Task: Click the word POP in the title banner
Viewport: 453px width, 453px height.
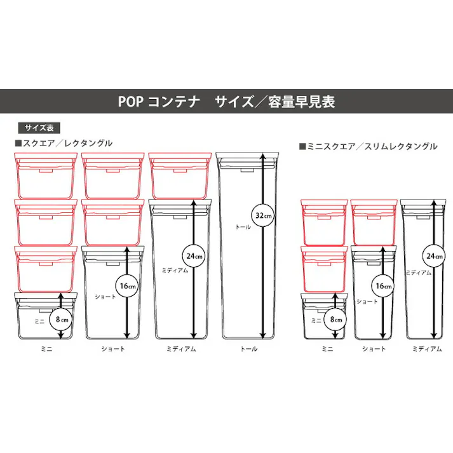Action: click(x=131, y=102)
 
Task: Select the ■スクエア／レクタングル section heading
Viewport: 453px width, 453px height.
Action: click(x=63, y=143)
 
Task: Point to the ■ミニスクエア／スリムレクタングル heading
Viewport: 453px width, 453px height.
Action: click(x=368, y=146)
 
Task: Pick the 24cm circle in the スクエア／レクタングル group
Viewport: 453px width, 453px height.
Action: click(x=193, y=256)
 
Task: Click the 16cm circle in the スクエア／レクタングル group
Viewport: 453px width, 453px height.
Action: click(x=127, y=286)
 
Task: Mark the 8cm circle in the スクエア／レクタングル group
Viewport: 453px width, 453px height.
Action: click(x=60, y=320)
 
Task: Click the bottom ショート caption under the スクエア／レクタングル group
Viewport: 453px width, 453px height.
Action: click(x=113, y=349)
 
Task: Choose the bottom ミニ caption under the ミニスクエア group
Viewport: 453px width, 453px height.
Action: click(x=328, y=349)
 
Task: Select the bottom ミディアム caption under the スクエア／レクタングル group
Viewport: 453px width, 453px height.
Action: click(x=181, y=349)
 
